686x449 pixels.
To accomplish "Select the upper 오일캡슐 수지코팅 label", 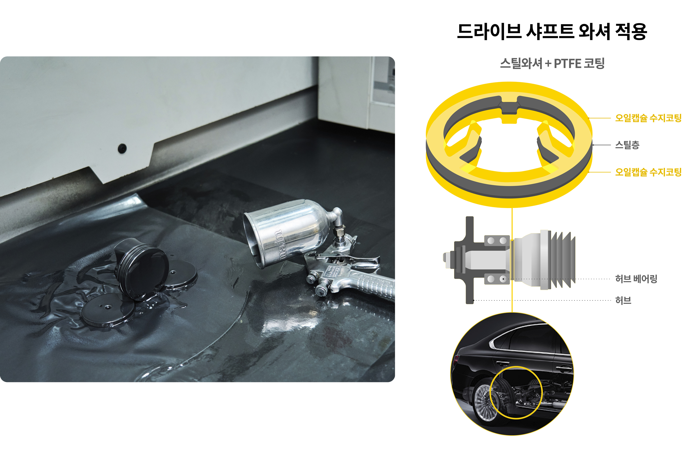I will coord(648,118).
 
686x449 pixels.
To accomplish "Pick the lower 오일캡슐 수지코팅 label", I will coord(648,172).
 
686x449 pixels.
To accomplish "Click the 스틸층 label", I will coord(627,145).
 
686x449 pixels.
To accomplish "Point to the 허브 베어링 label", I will coord(636,279).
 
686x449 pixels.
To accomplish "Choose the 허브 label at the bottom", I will coord(623,300).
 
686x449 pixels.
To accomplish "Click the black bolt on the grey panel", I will coord(122,148).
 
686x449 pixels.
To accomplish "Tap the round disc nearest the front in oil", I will coord(108,310).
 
